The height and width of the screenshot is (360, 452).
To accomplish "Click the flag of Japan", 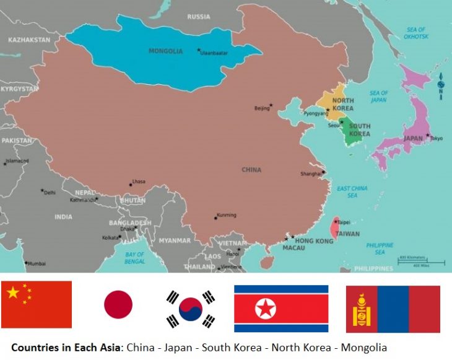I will [118, 305].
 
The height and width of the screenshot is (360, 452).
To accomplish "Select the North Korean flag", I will [280, 309].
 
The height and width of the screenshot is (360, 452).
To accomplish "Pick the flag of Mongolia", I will [393, 309].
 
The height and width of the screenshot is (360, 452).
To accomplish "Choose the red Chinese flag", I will [37, 304].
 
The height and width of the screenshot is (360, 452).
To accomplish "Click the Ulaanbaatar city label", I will [215, 53].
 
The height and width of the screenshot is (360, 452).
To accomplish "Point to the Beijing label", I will [262, 108].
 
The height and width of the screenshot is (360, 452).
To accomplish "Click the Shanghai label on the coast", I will [311, 174].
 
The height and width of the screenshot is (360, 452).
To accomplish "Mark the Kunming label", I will [226, 215].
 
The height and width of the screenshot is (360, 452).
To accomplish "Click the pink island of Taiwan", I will [334, 228].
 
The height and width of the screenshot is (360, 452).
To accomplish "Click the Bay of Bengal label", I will [134, 257].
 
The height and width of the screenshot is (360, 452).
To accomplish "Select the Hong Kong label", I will [313, 240].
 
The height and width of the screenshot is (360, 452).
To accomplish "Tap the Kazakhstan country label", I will [29, 40].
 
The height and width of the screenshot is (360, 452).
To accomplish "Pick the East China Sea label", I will [352, 191].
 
